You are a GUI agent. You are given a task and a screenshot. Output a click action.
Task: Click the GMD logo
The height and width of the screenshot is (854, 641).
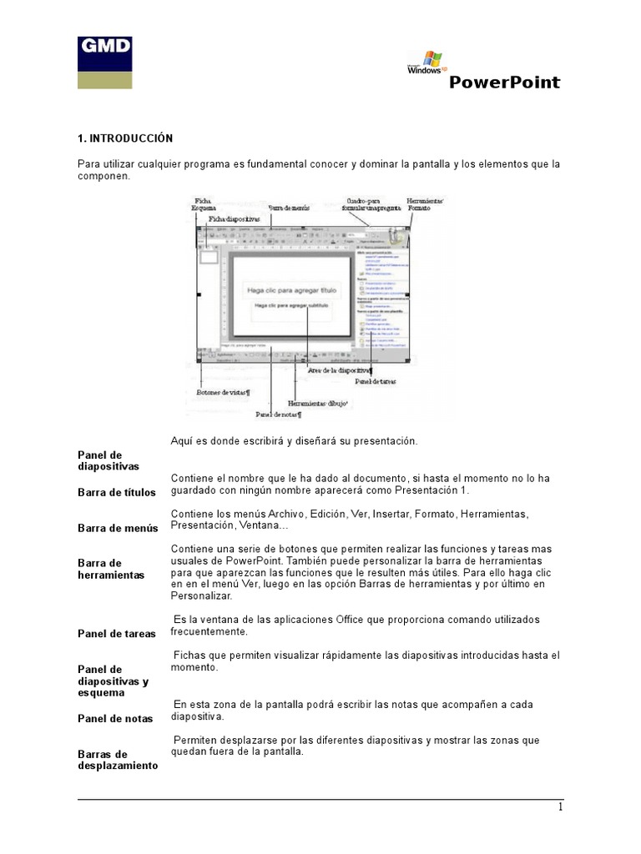pyautogui.click(x=104, y=62)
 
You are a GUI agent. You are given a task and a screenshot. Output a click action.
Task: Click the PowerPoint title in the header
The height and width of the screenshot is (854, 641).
pyautogui.click(x=505, y=82)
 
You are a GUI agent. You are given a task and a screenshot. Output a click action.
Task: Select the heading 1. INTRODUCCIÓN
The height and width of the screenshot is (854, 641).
pyautogui.click(x=124, y=138)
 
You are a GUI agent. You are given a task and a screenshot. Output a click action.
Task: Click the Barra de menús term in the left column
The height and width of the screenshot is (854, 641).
pyautogui.click(x=118, y=528)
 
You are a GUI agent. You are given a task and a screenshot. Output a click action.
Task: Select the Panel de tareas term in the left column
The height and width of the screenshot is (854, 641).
pyautogui.click(x=116, y=634)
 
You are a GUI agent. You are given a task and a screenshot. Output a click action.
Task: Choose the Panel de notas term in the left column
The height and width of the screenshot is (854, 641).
pyautogui.click(x=115, y=718)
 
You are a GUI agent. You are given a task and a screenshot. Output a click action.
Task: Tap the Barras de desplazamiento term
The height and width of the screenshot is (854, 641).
pyautogui.click(x=117, y=759)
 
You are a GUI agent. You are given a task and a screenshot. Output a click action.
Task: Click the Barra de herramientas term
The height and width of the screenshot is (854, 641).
pyautogui.click(x=111, y=569)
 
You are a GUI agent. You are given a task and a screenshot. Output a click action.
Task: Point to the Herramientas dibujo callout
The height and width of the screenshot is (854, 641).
pyautogui.click(x=318, y=402)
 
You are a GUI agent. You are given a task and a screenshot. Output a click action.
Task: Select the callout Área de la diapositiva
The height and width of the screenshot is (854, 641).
pyautogui.click(x=341, y=370)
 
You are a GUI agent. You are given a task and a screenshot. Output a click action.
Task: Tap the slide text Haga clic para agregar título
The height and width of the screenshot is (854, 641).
pyautogui.click(x=291, y=290)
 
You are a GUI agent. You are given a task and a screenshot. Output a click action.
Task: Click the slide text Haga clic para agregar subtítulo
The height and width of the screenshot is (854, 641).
pyautogui.click(x=291, y=306)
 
